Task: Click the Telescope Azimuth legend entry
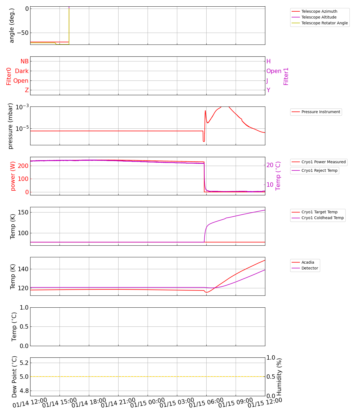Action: coord(319,12)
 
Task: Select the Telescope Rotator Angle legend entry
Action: coord(325,23)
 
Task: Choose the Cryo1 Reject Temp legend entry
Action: coord(319,171)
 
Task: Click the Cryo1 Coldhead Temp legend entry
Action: coord(322,218)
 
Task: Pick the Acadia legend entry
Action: coord(308,263)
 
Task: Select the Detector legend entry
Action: coord(310,268)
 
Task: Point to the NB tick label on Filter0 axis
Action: coord(24,61)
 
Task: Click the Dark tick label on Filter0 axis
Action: coord(22,71)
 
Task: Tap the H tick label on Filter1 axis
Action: coord(268,61)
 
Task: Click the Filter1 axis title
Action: coord(286,76)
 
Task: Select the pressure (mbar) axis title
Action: coord(11,126)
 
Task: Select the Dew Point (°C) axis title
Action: coord(14,377)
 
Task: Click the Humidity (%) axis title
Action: coord(279,377)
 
